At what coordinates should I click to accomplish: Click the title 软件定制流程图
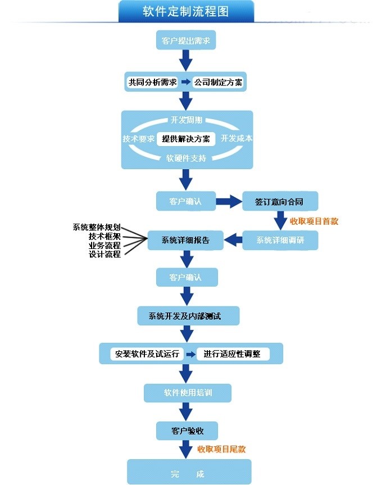pyautogui.click(x=186, y=12)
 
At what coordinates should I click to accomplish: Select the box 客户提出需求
pyautogui.click(x=186, y=40)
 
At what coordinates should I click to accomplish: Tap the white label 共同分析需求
pyautogui.click(x=153, y=82)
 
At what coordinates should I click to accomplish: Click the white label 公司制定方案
pyautogui.click(x=218, y=82)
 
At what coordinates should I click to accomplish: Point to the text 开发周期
pyautogui.click(x=187, y=120)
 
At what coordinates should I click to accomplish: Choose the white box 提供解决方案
pyautogui.click(x=186, y=139)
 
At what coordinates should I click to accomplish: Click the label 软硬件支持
pyautogui.click(x=186, y=158)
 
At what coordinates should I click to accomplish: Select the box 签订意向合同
pyautogui.click(x=280, y=201)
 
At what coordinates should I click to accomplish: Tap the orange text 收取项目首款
pyautogui.click(x=314, y=221)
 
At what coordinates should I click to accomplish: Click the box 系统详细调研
pyautogui.click(x=280, y=240)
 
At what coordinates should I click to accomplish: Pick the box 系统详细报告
pyautogui.click(x=185, y=240)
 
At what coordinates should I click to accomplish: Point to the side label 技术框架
pyautogui.click(x=105, y=236)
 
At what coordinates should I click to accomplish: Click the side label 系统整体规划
pyautogui.click(x=97, y=228)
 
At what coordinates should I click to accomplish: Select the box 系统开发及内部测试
pyautogui.click(x=188, y=316)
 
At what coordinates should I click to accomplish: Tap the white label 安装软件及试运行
pyautogui.click(x=147, y=354)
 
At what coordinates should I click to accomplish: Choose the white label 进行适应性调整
pyautogui.click(x=233, y=354)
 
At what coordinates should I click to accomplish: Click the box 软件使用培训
pyautogui.click(x=188, y=393)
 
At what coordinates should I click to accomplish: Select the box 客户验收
pyautogui.click(x=187, y=430)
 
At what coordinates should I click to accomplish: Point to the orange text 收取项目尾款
pyautogui.click(x=221, y=449)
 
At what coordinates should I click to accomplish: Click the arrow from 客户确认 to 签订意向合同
pyautogui.click(x=229, y=202)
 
